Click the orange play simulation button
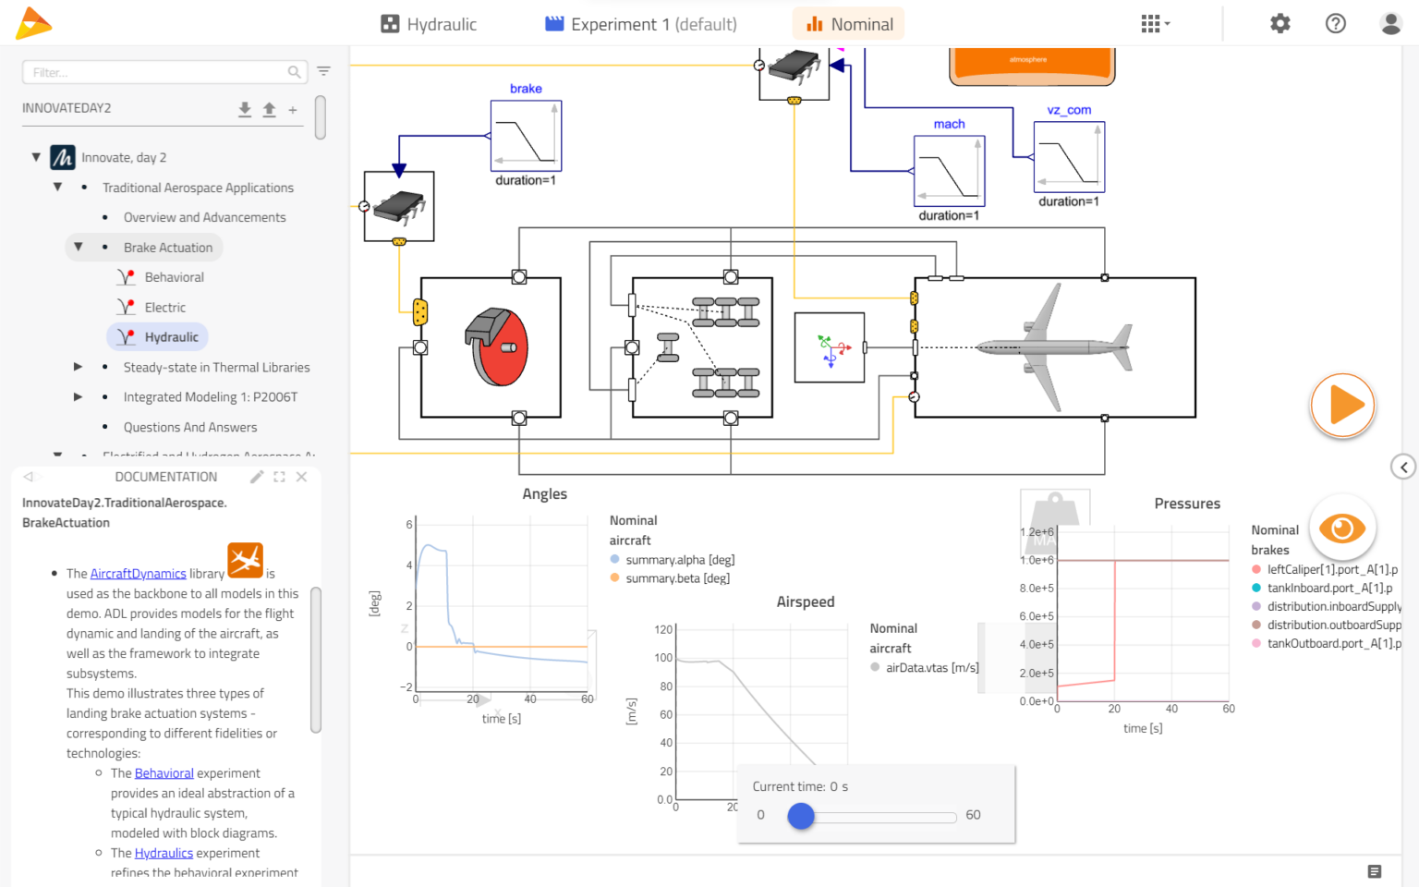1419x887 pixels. pos(1342,406)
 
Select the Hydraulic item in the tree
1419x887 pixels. pos(171,337)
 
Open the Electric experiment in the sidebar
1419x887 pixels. pos(164,308)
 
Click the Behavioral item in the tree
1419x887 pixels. pos(174,277)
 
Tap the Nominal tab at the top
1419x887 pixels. pos(849,24)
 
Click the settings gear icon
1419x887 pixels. pos(1280,24)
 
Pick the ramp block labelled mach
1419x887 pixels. pos(949,171)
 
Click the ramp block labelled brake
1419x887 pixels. pos(526,136)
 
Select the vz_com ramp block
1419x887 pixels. pos(1069,157)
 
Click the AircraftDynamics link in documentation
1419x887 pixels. pos(138,574)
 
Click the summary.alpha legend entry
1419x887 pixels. pos(679,560)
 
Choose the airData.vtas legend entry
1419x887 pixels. pos(931,668)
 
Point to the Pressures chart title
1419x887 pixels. pos(1186,504)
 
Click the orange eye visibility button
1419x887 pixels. pos(1341,529)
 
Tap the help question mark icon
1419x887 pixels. pos(1335,24)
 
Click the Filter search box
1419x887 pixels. pos(157,72)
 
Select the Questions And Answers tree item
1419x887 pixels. pos(190,428)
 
